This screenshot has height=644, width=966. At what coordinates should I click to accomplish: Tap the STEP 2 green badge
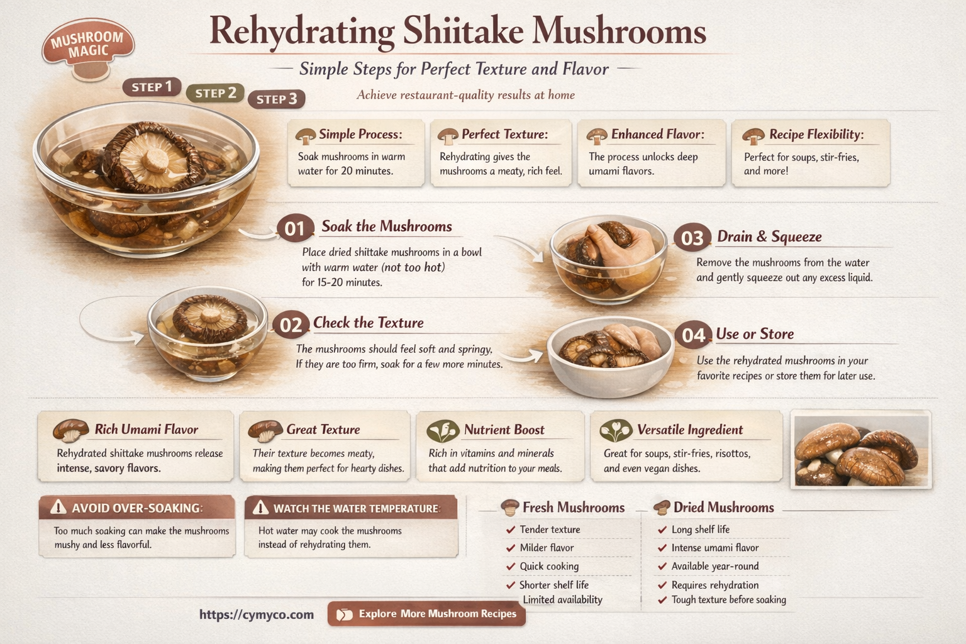[215, 93]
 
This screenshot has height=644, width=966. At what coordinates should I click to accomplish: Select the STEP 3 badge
[277, 99]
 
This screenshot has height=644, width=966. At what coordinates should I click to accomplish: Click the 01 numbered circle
[295, 228]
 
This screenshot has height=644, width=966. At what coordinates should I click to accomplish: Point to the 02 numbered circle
[291, 325]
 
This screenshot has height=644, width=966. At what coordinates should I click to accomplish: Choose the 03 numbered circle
[692, 238]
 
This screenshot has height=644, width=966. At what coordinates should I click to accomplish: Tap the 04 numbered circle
[693, 335]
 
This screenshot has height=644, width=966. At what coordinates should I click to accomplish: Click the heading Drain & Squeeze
[769, 236]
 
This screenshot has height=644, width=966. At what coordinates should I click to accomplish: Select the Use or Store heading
[755, 334]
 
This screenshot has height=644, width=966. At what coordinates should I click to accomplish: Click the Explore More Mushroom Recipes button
[426, 614]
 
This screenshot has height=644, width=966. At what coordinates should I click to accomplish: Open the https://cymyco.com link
[257, 614]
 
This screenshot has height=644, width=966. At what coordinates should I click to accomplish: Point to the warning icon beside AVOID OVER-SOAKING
[58, 507]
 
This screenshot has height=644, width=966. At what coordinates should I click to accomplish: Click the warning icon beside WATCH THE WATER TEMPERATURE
[260, 508]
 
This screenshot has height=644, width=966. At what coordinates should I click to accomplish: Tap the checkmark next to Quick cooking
[511, 567]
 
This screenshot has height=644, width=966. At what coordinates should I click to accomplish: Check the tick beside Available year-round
[662, 567]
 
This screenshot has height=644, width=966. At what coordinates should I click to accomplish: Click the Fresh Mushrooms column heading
[573, 508]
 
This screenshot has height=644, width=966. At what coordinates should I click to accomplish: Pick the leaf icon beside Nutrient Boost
[443, 430]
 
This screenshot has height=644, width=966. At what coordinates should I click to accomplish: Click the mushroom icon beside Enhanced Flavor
[596, 135]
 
